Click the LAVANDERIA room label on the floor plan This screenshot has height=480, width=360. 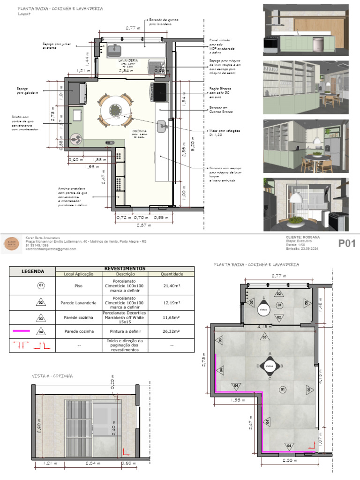128,61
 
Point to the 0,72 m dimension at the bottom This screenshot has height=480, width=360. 123,217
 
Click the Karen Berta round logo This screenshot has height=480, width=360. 12,243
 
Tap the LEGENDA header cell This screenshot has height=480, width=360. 32,271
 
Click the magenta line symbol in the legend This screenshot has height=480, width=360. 22,331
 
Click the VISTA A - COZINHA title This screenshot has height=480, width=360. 52,376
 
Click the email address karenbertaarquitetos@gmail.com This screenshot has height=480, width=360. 51,249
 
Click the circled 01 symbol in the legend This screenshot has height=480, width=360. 41,285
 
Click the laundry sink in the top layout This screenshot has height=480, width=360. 114,48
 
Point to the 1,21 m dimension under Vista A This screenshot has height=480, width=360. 49,464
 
